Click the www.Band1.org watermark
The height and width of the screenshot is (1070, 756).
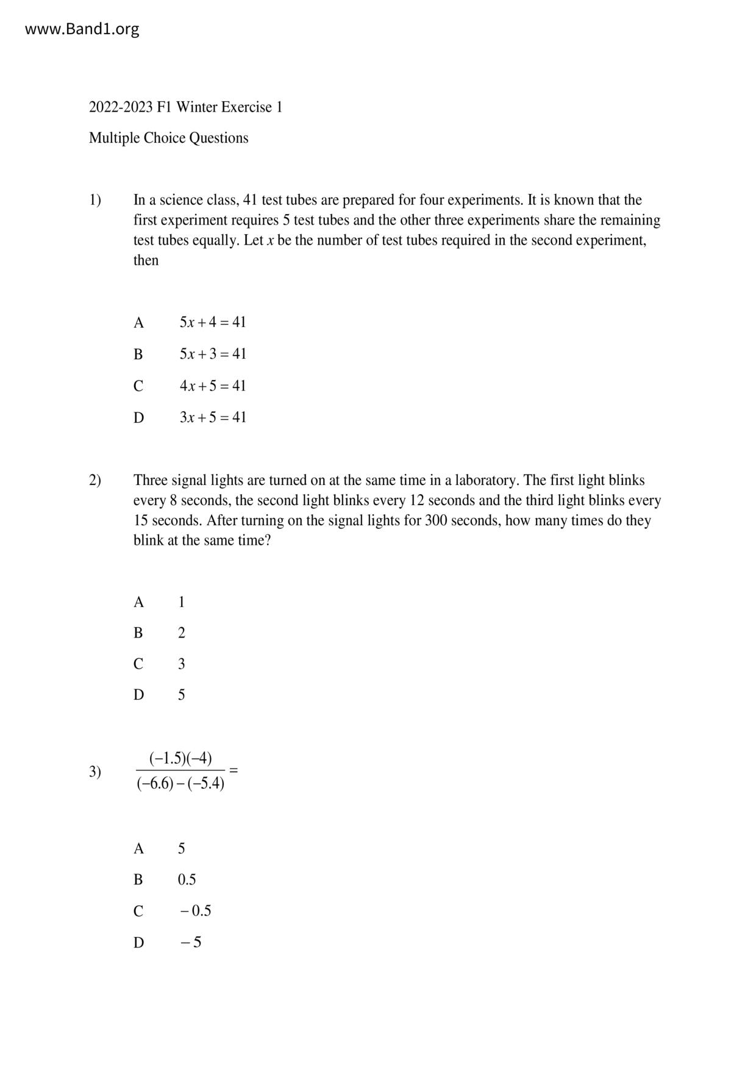[82, 29]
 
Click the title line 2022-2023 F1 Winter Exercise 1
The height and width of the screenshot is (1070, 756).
[185, 107]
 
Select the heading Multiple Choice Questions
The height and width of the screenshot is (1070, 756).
[168, 138]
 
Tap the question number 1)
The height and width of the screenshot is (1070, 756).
[95, 200]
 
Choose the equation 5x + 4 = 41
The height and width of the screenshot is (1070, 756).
[212, 322]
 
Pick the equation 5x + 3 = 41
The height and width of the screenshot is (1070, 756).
[212, 354]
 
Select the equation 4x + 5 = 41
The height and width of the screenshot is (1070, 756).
[212, 386]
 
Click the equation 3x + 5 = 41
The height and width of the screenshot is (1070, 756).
[212, 417]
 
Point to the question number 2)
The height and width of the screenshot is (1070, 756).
[95, 481]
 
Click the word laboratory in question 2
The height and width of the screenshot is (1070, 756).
[485, 481]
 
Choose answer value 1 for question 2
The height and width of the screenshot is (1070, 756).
[181, 602]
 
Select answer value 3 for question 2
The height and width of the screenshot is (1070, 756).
[181, 664]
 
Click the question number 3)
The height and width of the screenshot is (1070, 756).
[95, 772]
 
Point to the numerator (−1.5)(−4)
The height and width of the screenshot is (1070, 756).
[180, 758]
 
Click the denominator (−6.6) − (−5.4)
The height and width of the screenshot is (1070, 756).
[180, 783]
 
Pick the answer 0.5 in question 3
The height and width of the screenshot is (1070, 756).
[187, 880]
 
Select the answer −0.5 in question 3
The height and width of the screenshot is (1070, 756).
[195, 911]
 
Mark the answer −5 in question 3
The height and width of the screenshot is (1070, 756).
[191, 943]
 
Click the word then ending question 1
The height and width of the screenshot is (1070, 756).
[146, 260]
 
